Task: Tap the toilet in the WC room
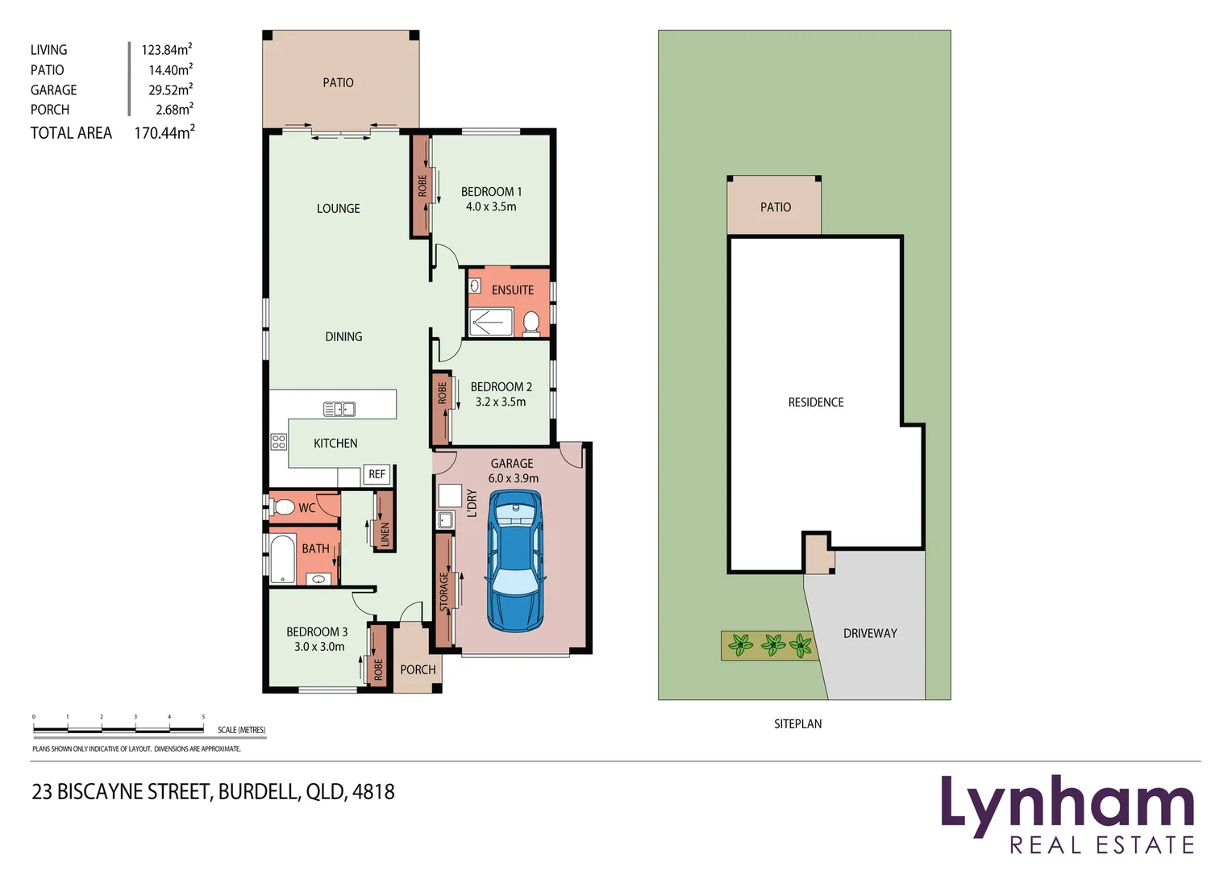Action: coord(282,507)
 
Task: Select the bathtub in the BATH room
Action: coord(282,558)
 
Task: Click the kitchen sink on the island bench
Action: coord(339,409)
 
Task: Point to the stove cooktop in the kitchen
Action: coord(279,441)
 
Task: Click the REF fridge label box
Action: coord(377,474)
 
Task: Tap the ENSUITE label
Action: coord(512,290)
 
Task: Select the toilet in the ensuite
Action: coord(531,323)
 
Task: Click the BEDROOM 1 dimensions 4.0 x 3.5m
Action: coord(491,206)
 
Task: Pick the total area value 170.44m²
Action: coord(164,133)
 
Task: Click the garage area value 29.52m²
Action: coord(170,90)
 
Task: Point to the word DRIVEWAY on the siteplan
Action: coord(870,634)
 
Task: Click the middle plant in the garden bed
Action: coord(773,644)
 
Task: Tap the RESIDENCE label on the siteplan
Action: coord(816,402)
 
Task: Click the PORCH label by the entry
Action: coord(418,669)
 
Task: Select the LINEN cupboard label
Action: coord(385,533)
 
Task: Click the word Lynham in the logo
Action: coord(1066,804)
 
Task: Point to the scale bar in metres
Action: coord(119,729)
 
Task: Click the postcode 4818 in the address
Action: coord(373,792)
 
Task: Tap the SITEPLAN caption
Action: coord(797,724)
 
